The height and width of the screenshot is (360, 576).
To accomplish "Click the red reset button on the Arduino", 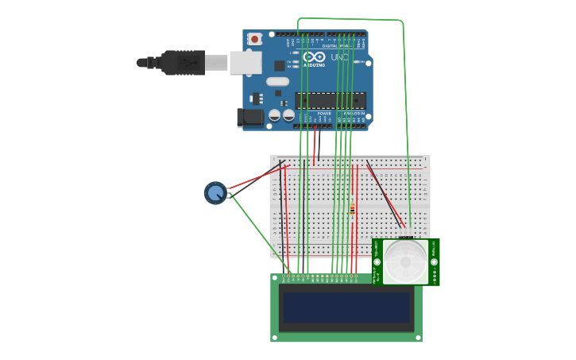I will [x=254, y=38].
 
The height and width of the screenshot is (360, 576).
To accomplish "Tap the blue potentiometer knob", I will [x=215, y=192].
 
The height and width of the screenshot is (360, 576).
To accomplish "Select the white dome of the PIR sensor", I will [x=405, y=261].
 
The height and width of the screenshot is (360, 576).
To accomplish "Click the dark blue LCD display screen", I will [x=346, y=307].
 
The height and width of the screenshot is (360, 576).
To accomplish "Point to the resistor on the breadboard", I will [x=352, y=209].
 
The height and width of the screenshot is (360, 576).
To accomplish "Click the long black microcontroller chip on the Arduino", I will [x=331, y=100].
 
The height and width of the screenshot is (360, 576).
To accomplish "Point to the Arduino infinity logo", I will [x=314, y=56].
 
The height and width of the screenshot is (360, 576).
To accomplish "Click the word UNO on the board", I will [x=339, y=57].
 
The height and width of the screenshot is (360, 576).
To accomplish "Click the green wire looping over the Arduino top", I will [x=350, y=19].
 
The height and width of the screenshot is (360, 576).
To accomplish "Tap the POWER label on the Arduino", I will [x=324, y=114].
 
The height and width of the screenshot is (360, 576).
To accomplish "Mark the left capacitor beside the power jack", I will [x=274, y=115].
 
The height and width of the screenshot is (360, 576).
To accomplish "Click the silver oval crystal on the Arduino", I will [x=277, y=81].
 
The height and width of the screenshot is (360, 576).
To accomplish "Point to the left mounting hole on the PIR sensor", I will [x=377, y=261].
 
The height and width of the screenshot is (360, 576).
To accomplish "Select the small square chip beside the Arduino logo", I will [x=280, y=65].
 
